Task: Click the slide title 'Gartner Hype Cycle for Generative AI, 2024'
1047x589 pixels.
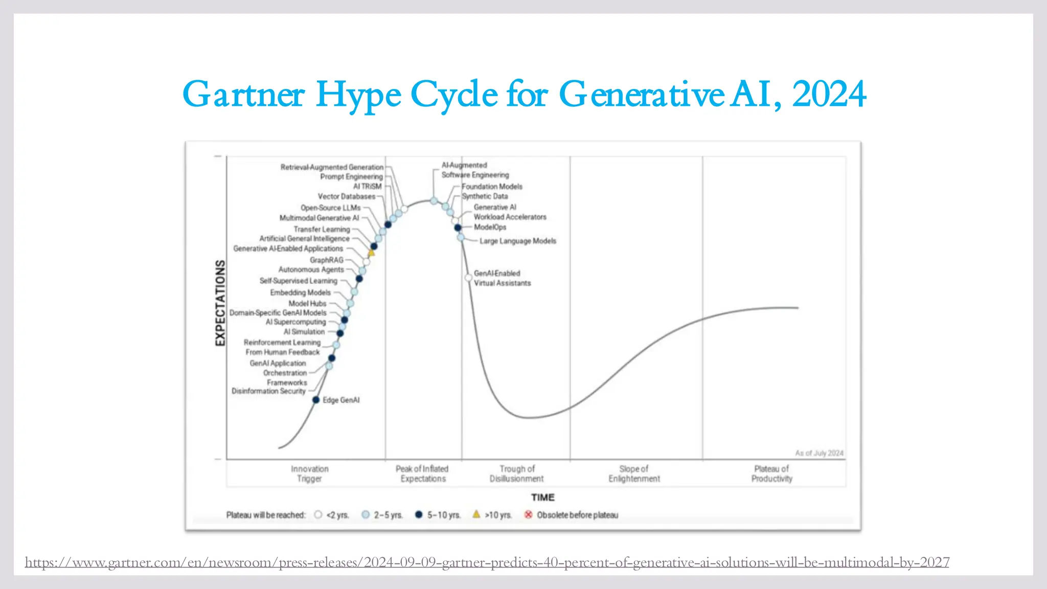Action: (523, 95)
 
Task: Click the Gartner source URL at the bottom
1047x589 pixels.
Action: (487, 562)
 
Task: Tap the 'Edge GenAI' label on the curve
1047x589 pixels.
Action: (341, 400)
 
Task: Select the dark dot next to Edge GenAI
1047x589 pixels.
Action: (316, 400)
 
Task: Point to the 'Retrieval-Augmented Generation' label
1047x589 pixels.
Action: (332, 167)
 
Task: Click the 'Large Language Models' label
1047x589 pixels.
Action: (517, 241)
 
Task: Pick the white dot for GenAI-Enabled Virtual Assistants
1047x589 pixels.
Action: (468, 278)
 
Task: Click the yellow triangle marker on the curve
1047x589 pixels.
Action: (372, 253)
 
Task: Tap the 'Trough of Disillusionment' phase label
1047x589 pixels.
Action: (516, 474)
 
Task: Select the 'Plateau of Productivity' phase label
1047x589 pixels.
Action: (771, 474)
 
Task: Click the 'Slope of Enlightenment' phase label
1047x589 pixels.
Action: (634, 474)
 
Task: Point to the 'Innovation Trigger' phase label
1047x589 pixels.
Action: (309, 474)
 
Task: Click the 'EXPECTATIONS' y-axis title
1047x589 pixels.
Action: (220, 303)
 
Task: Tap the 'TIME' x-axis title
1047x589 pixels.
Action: (542, 497)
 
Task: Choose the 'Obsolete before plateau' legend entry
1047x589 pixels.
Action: (577, 515)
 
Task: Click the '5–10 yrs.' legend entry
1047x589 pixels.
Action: (443, 515)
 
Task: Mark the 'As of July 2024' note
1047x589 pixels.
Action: (819, 453)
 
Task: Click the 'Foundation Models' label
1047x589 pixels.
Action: (492, 187)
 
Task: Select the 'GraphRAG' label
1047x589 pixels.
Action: (326, 260)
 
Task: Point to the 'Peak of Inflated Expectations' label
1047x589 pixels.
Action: (422, 474)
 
